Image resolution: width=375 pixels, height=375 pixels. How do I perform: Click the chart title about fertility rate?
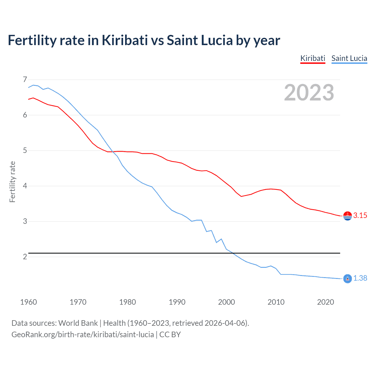pos(144,40)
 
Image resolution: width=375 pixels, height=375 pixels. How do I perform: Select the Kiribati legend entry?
pos(313,58)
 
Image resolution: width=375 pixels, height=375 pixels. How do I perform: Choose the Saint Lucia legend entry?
pos(349,58)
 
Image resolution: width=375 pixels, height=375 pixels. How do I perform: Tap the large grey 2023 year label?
pos(309,93)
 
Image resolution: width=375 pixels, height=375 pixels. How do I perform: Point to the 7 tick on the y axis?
pos(25,79)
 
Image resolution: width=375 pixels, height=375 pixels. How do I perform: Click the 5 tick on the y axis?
pos(25,151)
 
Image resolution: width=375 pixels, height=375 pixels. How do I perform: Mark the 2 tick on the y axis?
pos(25,257)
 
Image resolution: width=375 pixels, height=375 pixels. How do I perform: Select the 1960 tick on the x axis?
pos(28,302)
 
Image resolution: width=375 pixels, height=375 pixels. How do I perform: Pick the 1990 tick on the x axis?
pos(177,302)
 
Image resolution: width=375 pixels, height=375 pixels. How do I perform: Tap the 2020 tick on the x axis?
pos(325,302)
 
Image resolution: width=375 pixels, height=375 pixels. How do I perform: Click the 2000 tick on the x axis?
pos(226,302)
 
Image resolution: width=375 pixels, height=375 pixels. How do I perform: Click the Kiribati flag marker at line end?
pos(347,216)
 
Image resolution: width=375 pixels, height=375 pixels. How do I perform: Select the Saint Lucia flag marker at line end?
pos(347,279)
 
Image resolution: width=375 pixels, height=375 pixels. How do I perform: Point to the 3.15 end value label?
pos(360,216)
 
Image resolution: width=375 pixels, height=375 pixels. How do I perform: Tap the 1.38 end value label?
pos(360,278)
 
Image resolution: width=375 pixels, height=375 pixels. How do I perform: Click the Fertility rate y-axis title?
pos(12,182)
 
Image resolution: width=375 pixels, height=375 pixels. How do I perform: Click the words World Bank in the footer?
pos(78,323)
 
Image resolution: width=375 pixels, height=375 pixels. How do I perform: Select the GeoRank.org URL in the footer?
pos(83,335)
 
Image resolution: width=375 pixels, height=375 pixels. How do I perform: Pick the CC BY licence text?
pos(170,335)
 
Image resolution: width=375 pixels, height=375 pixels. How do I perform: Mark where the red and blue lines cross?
pos(112,151)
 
